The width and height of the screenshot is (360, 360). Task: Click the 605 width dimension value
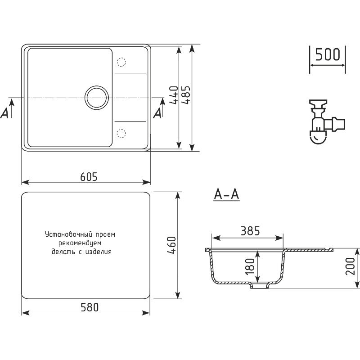[89, 176]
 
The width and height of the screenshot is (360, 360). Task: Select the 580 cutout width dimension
[90, 307]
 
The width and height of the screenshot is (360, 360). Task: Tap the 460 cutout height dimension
[172, 245]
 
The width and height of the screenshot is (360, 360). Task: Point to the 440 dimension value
[174, 95]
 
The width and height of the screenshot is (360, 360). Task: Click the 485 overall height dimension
[186, 95]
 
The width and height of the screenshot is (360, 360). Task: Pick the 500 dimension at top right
[328, 54]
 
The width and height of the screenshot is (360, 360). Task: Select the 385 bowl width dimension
[250, 231]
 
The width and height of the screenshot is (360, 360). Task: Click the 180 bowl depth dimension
[250, 266]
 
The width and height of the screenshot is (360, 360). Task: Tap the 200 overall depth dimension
[351, 266]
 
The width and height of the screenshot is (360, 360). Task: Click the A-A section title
[226, 195]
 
